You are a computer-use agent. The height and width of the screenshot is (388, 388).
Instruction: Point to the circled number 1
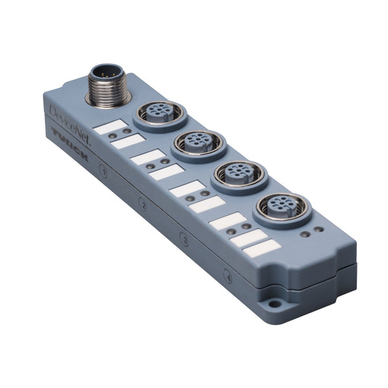[x=103, y=171]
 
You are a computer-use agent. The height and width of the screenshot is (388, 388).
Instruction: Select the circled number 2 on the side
[x=143, y=205]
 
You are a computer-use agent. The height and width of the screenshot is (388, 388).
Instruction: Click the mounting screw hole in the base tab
[x=274, y=303]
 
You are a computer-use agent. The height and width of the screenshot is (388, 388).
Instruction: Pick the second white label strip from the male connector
[x=127, y=141]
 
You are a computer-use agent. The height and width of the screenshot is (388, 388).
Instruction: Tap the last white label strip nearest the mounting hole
[x=265, y=249]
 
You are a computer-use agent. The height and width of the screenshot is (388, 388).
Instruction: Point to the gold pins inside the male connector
[x=107, y=72]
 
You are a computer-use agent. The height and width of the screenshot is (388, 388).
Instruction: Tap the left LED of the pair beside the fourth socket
[x=304, y=233]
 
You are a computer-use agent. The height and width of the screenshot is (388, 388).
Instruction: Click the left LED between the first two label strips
[x=113, y=136]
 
